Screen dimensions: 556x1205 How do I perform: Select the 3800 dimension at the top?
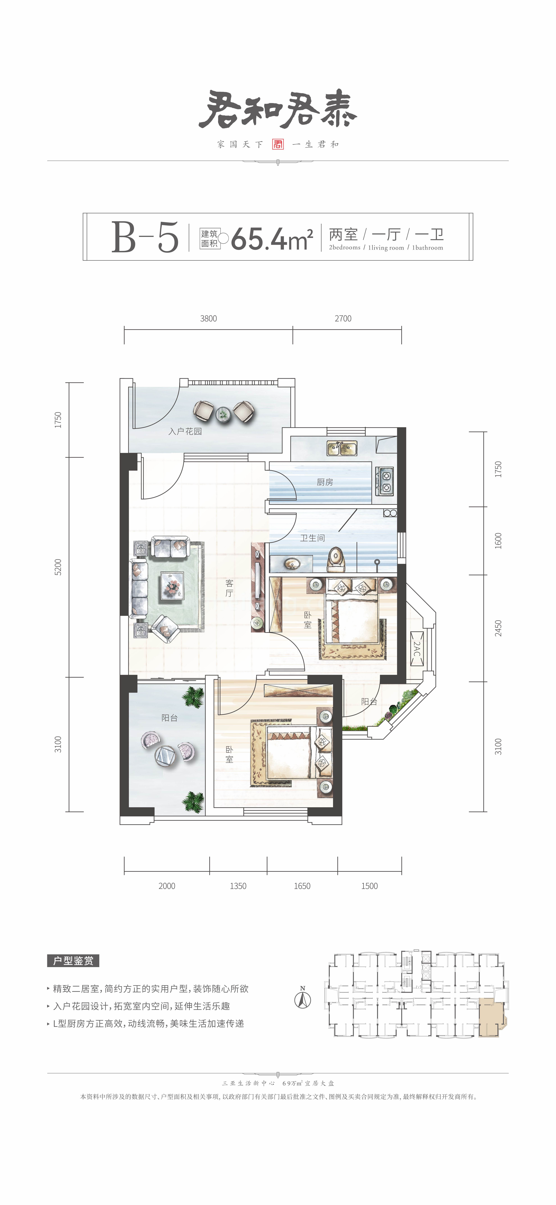208,319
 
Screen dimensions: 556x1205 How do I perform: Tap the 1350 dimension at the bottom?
238,886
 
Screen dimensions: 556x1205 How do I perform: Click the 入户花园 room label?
185,431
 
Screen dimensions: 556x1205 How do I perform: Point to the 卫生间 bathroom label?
312,538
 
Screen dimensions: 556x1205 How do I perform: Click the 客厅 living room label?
229,588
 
